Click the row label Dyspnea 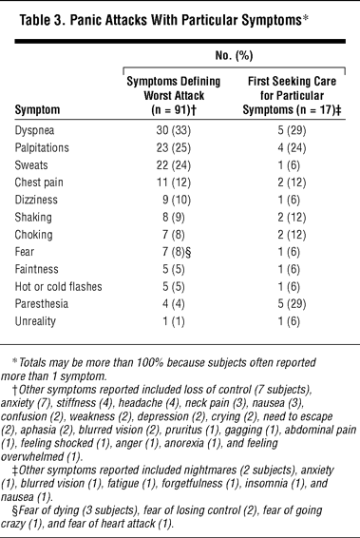click(34, 131)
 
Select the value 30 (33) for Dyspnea click(174, 130)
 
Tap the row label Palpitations click(42, 148)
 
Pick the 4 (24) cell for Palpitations click(292, 148)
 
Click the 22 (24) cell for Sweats click(174, 165)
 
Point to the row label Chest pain click(39, 183)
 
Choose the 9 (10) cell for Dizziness click(177, 200)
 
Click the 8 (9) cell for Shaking click(174, 217)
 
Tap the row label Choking click(33, 235)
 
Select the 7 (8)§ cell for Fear click(177, 252)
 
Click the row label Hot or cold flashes click(58, 286)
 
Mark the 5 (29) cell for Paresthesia click(292, 303)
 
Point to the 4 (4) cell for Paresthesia click(174, 303)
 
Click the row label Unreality click(35, 321)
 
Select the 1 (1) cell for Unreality click(174, 321)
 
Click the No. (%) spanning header click(235, 55)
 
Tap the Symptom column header click(37, 110)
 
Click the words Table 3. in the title click(42, 21)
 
